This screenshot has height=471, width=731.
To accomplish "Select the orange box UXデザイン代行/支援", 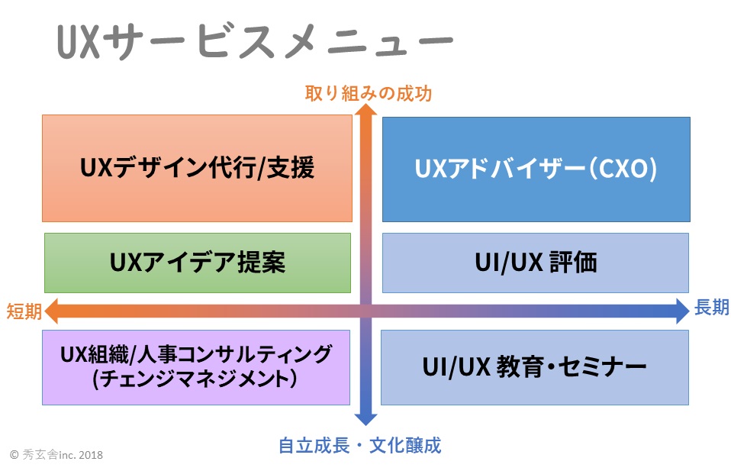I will coord(197,168).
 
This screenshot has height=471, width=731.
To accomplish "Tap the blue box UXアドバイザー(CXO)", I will coord(536,169).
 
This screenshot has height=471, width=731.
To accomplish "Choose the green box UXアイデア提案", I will coord(197,263).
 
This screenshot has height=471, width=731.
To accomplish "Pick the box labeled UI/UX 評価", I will coord(535,263).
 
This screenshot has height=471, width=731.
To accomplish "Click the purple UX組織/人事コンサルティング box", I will coord(196,366).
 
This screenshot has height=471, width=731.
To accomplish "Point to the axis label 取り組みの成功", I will coord(368,93).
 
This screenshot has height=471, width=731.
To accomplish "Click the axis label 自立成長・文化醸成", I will coord(359,445).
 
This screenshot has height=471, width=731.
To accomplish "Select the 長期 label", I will coord(711,308).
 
